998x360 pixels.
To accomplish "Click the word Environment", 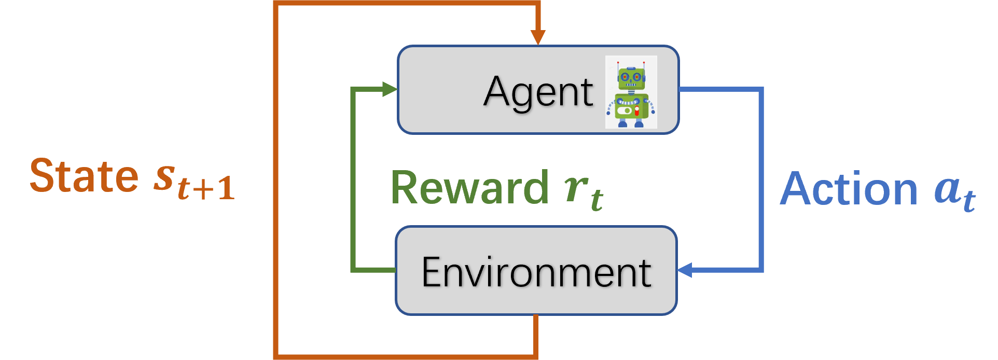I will click(536, 272).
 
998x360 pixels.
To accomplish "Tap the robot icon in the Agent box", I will click(631, 92).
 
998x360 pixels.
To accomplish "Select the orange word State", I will click(84, 176).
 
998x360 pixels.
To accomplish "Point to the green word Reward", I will click(469, 188).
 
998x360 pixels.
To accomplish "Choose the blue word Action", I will click(849, 189).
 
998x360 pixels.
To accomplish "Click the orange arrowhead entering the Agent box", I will click(538, 37).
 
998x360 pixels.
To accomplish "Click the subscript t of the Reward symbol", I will click(597, 199).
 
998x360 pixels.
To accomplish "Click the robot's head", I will click(631, 78).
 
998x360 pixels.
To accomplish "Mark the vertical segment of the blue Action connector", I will click(761, 179).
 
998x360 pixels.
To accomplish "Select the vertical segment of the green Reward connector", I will click(353, 179).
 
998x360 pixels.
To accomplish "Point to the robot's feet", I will click(631, 123).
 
